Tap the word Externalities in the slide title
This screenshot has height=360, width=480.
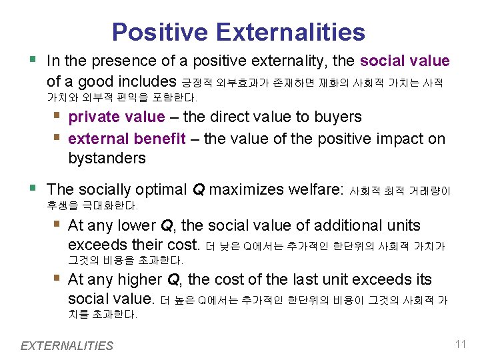(287, 32)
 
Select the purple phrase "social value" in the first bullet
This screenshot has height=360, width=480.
(405, 61)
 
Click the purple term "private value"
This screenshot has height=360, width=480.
(116, 117)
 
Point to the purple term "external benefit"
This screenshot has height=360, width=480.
(127, 139)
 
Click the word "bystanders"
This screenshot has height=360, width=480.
(107, 158)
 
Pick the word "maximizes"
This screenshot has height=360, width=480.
(246, 189)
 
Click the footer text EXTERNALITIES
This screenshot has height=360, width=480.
(67, 345)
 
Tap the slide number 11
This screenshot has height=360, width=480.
(460, 345)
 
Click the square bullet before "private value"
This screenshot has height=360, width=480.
(59, 116)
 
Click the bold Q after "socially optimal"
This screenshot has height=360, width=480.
(198, 189)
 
